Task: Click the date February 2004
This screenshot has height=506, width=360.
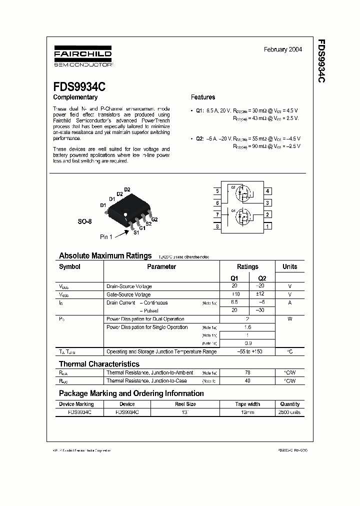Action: coord(282,50)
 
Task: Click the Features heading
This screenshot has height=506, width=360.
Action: coord(203,97)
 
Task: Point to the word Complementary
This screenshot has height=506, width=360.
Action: coord(75,97)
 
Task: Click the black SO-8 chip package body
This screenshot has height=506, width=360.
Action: coord(126,208)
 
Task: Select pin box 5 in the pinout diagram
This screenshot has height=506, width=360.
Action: coord(217,191)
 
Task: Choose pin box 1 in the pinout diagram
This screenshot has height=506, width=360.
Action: coord(268,226)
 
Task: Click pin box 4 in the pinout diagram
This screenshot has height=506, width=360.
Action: coord(268,191)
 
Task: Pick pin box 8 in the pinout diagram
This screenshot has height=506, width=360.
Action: coord(217,226)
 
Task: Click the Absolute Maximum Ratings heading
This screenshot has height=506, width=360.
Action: coord(105,255)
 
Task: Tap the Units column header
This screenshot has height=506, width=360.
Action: coord(289,267)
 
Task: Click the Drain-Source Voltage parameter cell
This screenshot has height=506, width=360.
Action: coord(129,286)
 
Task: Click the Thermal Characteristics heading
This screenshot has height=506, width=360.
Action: coord(99,364)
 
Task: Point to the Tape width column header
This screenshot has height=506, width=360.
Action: coord(247,404)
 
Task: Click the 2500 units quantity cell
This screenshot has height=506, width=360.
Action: coord(289,412)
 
